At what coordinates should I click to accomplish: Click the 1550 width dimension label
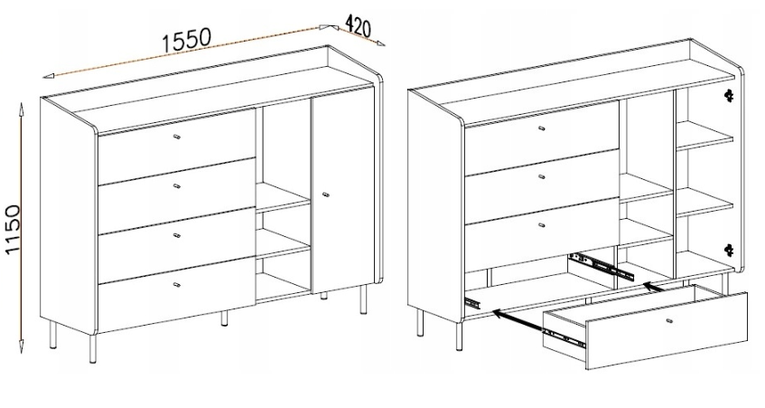click(186, 39)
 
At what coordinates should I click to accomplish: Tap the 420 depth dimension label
click(357, 26)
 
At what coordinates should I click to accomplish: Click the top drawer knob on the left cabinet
click(176, 138)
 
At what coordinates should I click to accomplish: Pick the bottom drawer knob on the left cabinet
click(176, 284)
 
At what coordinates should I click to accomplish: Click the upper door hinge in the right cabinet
click(730, 95)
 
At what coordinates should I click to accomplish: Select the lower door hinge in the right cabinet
click(730, 250)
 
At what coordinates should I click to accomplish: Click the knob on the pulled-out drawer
click(668, 320)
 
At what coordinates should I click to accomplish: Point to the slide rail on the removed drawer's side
click(564, 337)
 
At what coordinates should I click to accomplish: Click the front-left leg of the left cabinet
click(93, 347)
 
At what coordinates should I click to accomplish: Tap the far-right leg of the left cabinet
click(362, 299)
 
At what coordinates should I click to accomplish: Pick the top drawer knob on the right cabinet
click(541, 128)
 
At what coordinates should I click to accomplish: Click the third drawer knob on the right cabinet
click(541, 225)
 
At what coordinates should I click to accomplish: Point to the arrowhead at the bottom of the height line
click(21, 346)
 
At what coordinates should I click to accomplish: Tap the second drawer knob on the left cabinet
click(176, 185)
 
